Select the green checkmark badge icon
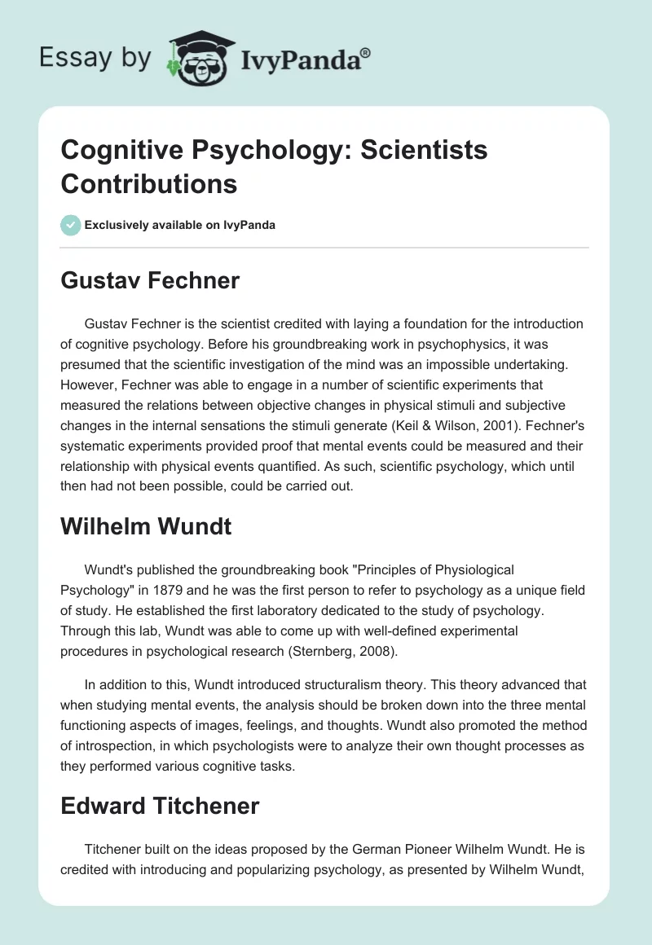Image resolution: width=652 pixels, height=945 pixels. [x=71, y=225]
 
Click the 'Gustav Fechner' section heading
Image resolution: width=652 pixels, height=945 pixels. [x=150, y=281]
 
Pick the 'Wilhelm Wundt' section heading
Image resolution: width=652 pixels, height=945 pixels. [x=146, y=526]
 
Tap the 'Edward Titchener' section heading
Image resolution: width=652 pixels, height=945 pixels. [x=160, y=807]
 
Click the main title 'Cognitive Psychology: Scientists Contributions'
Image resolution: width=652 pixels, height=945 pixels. [x=274, y=167]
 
